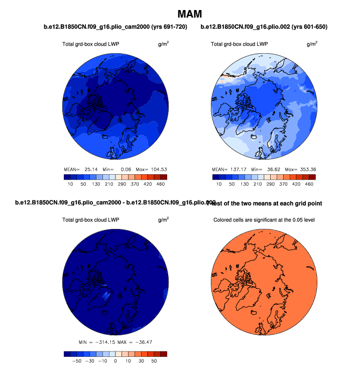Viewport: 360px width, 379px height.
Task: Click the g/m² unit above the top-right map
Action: (x=312, y=44)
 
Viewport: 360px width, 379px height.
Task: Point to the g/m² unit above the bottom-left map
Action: (x=163, y=219)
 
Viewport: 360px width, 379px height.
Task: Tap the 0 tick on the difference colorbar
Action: (x=115, y=360)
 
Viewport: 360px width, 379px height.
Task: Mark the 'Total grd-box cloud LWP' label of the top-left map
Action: (x=90, y=44)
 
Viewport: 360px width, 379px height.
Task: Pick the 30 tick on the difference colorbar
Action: (x=141, y=360)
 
